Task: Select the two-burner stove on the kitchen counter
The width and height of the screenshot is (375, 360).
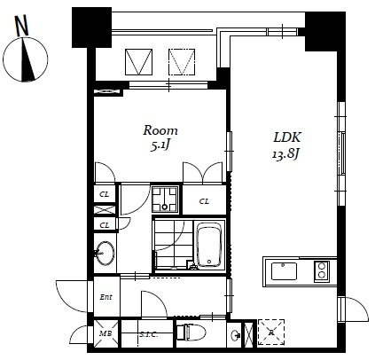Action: [x=322, y=270]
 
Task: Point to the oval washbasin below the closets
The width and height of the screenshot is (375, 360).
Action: [x=105, y=253]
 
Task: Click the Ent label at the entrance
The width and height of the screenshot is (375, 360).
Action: [x=105, y=297]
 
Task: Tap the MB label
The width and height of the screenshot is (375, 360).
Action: [x=105, y=333]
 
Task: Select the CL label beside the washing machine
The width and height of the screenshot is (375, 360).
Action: [x=204, y=201]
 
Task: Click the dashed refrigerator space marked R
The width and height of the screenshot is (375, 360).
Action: [x=271, y=333]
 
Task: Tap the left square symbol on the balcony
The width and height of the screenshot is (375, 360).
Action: [x=140, y=60]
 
